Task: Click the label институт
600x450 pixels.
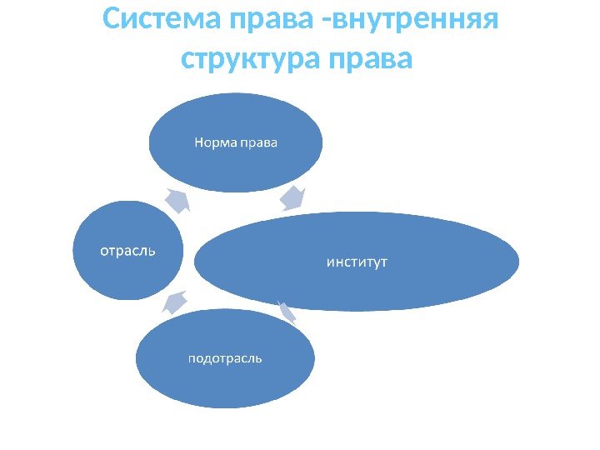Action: point(356,263)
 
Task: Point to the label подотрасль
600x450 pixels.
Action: point(225,358)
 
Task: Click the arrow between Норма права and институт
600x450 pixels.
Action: point(293,198)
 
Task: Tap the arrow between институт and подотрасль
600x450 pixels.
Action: point(287,312)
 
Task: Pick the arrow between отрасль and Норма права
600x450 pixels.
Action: point(178,200)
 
